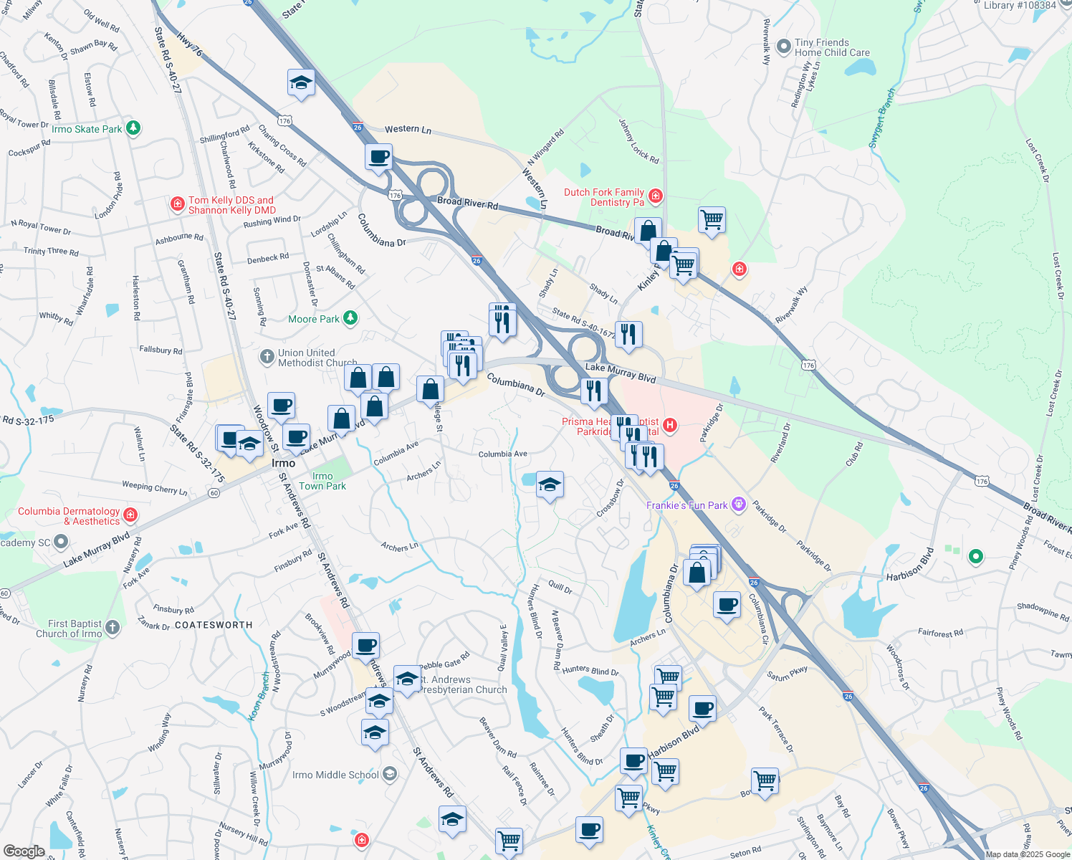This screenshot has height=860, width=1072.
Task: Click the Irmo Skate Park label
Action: (x=87, y=129)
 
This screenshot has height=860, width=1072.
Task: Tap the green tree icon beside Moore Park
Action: (x=350, y=318)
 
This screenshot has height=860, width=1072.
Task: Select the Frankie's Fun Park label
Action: (x=686, y=505)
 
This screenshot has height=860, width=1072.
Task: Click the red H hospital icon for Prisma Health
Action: (x=670, y=426)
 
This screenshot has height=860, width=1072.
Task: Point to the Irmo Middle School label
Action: (x=335, y=775)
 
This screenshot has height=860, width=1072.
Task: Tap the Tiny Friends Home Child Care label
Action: (x=831, y=47)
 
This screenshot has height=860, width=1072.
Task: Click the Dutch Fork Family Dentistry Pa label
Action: (x=603, y=197)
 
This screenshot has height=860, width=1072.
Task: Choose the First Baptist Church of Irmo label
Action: (x=69, y=629)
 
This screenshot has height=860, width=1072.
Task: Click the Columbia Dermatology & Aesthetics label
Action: (x=69, y=516)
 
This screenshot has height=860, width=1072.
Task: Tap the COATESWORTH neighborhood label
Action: (x=214, y=625)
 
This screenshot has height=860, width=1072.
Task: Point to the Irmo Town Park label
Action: (x=322, y=481)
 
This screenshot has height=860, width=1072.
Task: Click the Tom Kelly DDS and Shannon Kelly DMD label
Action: (x=231, y=205)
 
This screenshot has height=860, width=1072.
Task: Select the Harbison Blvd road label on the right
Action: (x=911, y=565)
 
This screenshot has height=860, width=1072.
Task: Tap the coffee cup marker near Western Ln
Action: (x=378, y=156)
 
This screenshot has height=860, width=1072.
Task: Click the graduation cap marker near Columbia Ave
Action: (x=550, y=484)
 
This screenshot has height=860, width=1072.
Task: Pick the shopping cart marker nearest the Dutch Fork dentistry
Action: (x=712, y=219)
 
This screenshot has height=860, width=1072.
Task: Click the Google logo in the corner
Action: (x=24, y=851)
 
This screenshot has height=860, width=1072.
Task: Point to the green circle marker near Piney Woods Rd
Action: (x=975, y=556)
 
